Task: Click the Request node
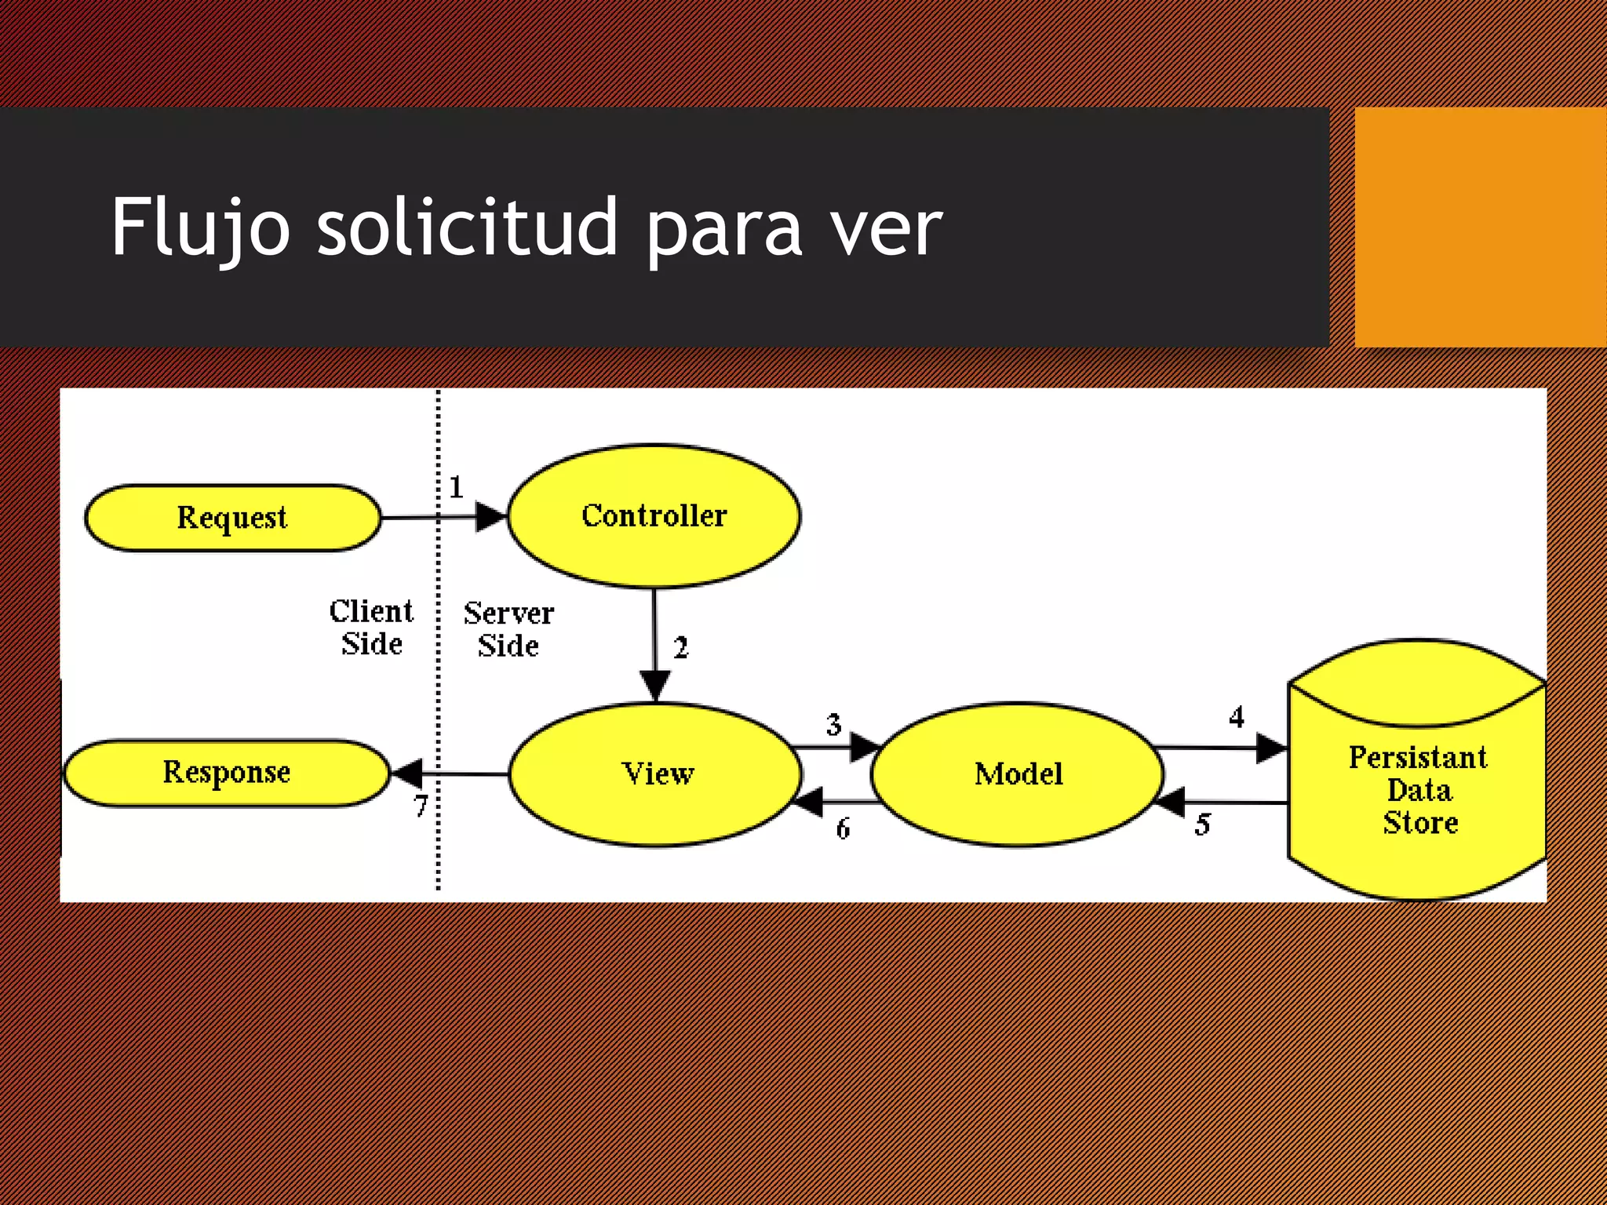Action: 232,518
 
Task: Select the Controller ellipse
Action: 654,515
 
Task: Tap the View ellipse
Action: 657,774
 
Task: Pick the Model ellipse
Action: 1018,774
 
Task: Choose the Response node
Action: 226,773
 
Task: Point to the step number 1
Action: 456,487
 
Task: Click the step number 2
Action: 680,648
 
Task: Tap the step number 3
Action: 833,724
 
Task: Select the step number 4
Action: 1237,716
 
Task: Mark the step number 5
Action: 1203,825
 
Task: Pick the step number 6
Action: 843,828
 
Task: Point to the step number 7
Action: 421,806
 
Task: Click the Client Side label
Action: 371,628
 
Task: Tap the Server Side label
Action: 508,629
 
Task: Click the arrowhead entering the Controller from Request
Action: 491,517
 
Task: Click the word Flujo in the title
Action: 201,228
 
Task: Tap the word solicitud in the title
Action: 468,228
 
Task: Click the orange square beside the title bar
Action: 1481,228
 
